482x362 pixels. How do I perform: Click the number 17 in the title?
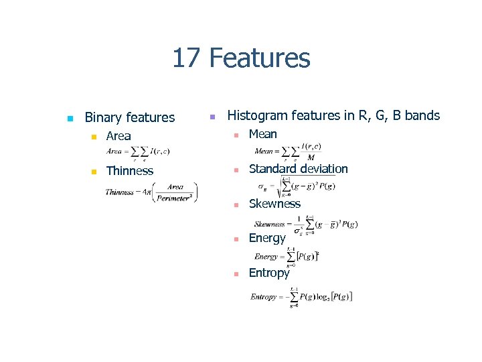[187, 58]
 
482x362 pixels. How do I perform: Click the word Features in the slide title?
[259, 58]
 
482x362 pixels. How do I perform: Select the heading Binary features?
[129, 117]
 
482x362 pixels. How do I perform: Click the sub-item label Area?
[118, 136]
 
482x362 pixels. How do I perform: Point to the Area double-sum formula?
[138, 153]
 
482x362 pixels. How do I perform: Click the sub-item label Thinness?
[129, 171]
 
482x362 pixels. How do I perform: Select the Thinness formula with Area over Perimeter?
[151, 192]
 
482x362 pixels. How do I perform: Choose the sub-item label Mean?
[262, 134]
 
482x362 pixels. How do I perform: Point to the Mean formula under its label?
[288, 152]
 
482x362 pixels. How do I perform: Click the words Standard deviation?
[298, 169]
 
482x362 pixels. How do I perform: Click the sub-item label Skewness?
[274, 204]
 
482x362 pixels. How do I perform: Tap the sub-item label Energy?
[267, 238]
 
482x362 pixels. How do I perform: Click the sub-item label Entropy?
[269, 273]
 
